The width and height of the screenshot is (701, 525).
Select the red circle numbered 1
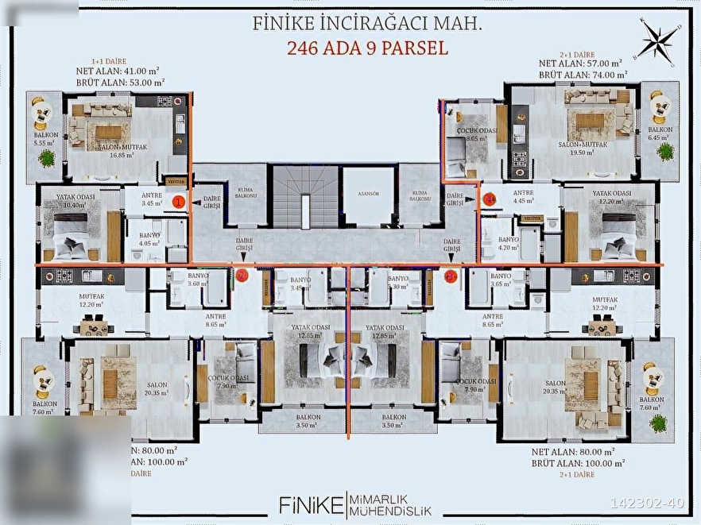coord(179,203)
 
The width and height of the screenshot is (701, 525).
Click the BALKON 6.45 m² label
coord(660,133)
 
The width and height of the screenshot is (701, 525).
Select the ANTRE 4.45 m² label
coord(522,197)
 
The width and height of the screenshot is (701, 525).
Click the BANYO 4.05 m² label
coord(149,240)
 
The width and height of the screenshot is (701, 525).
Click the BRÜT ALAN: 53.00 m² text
coord(120,81)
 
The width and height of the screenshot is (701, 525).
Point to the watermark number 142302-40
coord(646,503)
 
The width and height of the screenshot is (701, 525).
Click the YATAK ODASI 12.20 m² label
coord(611,198)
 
